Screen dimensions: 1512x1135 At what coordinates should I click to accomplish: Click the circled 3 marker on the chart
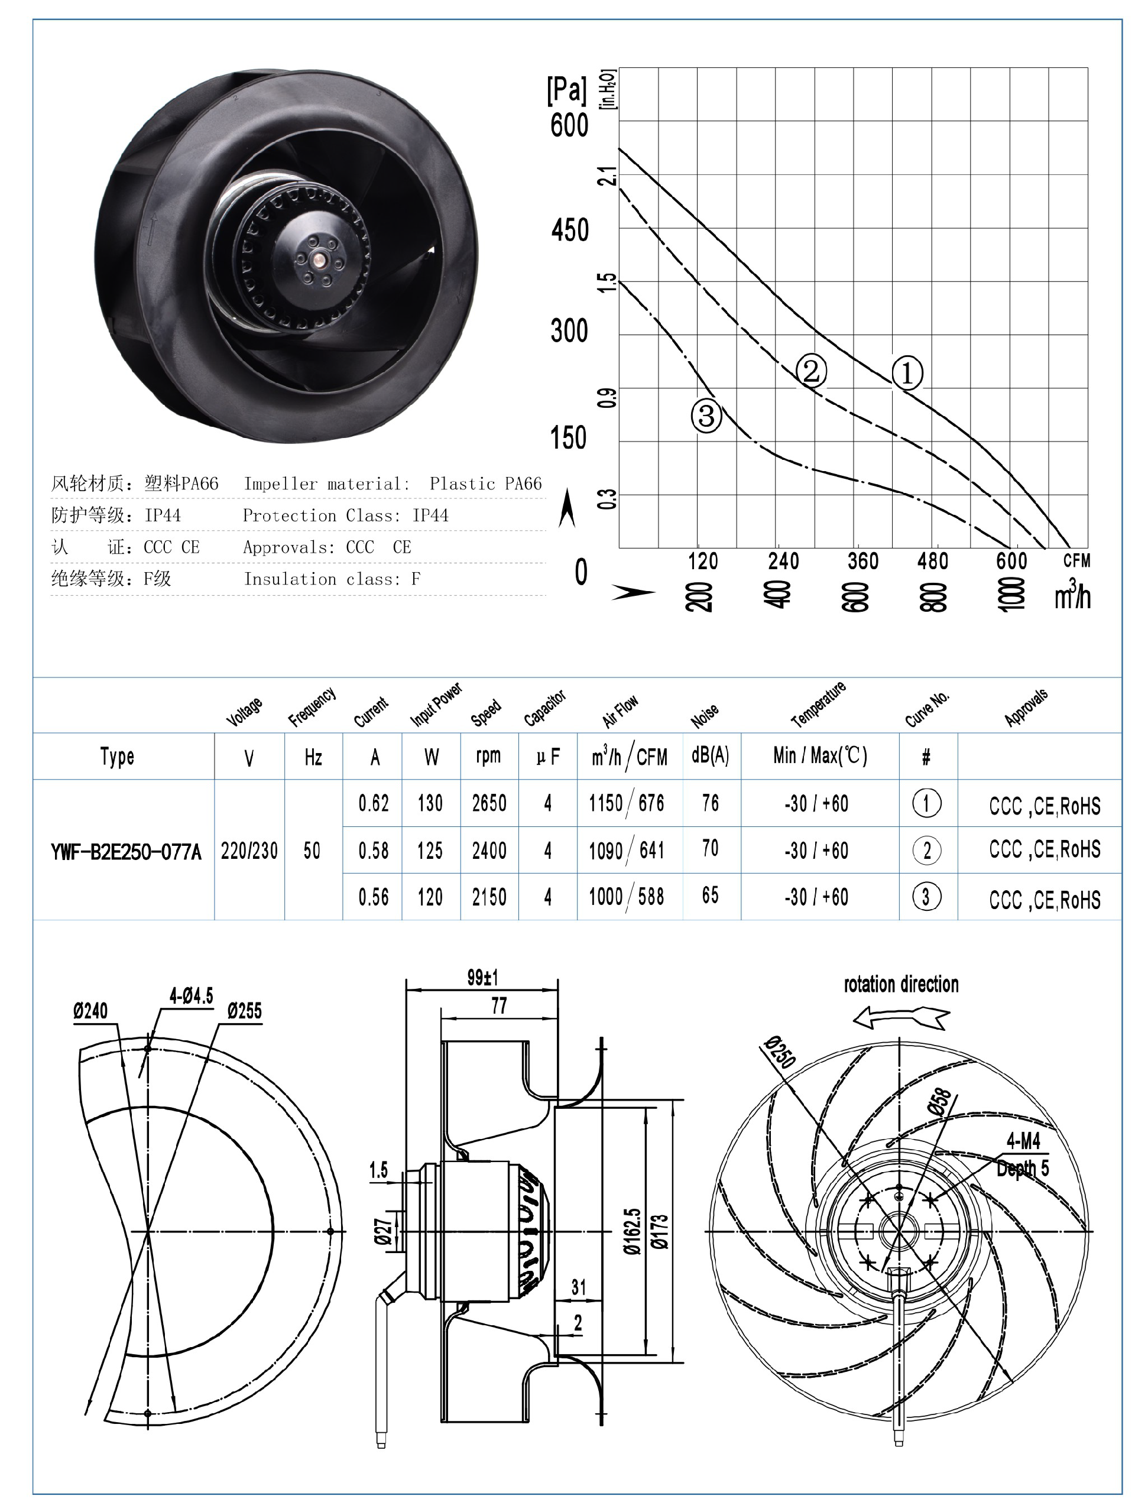706,415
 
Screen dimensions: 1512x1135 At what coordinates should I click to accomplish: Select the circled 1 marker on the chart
907,373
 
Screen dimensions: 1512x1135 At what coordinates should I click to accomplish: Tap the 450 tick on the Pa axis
569,231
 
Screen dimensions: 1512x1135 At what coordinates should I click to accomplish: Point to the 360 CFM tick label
862,561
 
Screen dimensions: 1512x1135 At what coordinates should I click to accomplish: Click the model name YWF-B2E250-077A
126,852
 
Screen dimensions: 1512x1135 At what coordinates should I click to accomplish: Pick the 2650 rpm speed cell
489,803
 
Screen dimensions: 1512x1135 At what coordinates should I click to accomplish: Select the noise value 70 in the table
710,848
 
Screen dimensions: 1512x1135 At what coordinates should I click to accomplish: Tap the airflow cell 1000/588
626,896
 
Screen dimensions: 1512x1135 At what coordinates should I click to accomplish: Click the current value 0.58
374,851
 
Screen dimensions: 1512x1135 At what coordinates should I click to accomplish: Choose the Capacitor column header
545,708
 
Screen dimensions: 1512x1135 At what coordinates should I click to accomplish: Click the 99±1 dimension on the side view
483,978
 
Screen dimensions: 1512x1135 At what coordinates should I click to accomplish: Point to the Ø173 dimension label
659,1231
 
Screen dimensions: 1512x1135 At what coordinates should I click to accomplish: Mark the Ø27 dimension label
384,1231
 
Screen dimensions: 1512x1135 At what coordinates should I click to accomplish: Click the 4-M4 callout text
1023,1140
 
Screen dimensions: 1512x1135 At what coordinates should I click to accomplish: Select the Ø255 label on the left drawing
244,1010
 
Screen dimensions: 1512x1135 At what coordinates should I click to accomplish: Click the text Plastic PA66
485,484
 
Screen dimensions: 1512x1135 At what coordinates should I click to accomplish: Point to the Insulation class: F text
332,579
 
